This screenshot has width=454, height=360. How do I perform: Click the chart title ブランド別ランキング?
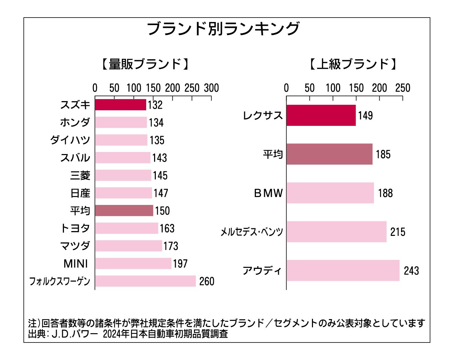coord(223,29)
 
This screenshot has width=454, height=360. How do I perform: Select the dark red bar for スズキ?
coord(120,105)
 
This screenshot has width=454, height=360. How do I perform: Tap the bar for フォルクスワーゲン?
coord(145,281)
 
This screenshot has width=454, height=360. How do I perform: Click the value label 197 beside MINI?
coord(180,264)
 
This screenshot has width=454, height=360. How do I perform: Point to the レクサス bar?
coord(321,116)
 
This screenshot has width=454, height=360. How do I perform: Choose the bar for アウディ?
coord(343,271)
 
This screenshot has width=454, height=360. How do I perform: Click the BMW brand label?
coord(268,193)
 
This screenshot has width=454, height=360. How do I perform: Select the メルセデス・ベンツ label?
coord(252,232)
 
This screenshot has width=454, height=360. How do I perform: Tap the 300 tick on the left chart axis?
coord(211,88)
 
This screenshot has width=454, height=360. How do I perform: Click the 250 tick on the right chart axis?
coord(403,88)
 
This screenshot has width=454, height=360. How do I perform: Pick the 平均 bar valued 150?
coord(124,210)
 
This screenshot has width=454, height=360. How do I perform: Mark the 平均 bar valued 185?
coord(329,154)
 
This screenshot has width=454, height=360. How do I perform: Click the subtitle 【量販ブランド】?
coord(145,64)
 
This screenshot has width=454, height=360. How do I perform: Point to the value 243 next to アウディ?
coord(411,271)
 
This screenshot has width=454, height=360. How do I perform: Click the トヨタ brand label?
coord(75,228)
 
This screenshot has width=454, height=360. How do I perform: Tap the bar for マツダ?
coord(128,246)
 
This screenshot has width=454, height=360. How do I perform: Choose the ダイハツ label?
coord(70,140)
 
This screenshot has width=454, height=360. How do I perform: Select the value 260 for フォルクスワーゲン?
coord(207,281)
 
